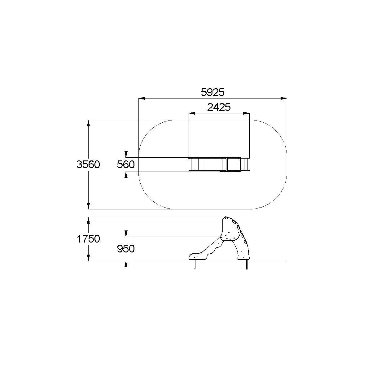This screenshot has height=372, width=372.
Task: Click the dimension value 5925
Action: point(212,92)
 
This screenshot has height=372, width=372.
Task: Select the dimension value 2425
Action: point(219,107)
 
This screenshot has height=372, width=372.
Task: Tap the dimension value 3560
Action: point(88,164)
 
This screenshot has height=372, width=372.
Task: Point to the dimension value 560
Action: point(126,164)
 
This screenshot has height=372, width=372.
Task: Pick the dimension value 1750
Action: point(88,239)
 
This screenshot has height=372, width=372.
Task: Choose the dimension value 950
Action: point(126,249)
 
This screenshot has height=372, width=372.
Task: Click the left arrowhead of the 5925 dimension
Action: point(142,98)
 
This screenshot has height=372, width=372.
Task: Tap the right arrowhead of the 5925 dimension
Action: point(284,98)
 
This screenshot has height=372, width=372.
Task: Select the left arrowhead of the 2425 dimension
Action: point(192,113)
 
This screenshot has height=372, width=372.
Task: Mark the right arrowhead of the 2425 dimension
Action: point(246,113)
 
